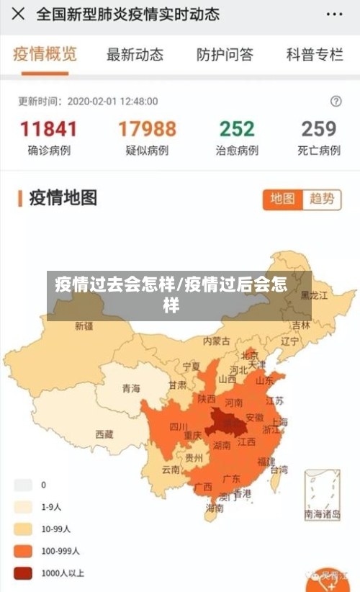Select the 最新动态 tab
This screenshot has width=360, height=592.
[135, 54]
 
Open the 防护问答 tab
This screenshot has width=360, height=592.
[225, 54]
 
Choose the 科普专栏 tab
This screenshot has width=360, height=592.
[314, 54]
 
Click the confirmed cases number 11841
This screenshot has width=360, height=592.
[48, 129]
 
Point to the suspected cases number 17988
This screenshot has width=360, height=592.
[147, 129]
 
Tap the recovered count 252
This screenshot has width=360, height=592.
[237, 129]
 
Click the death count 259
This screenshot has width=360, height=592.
[319, 129]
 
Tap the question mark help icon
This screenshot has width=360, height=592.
[336, 102]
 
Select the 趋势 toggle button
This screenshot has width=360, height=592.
[322, 199]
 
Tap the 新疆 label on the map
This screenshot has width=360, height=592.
[84, 326]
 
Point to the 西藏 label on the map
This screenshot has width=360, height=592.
[104, 434]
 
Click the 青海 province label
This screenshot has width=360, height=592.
[131, 388]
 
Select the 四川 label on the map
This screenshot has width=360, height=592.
[179, 426]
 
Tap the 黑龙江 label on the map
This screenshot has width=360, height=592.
[314, 295]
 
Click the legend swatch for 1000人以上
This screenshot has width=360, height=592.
[24, 573]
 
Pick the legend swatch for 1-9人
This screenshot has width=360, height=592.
[24, 507]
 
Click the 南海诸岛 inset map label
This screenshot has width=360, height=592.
[323, 514]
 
